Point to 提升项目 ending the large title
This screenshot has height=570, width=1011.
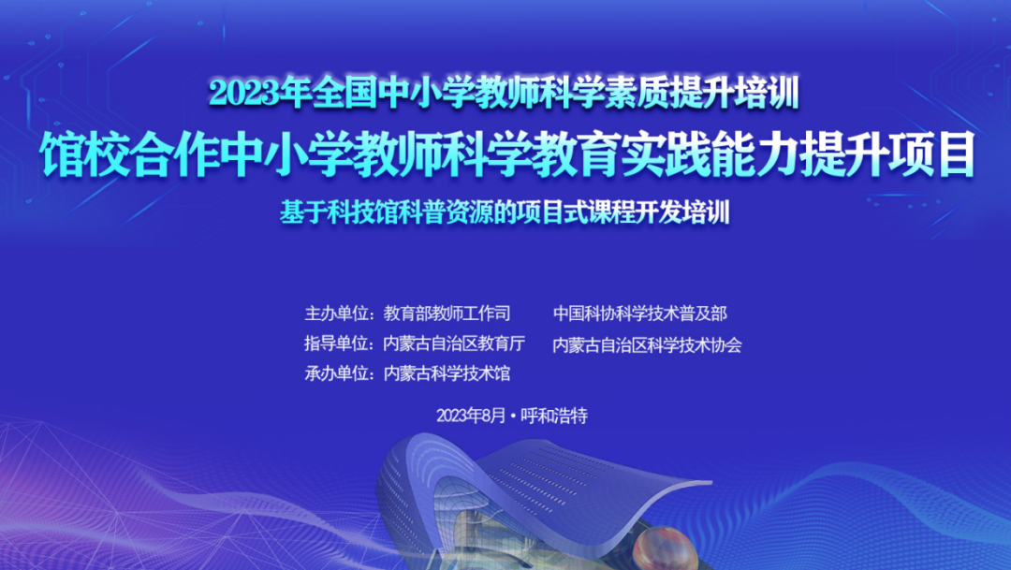pos(886,154)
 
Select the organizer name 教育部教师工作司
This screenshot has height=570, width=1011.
pos(447,314)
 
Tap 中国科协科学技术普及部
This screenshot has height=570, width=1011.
pos(640,314)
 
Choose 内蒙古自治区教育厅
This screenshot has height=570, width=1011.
pos(454,343)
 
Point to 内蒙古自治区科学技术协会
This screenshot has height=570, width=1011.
pos(648,345)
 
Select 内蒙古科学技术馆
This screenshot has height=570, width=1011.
pos(447,373)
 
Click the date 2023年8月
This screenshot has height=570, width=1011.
pos(471,416)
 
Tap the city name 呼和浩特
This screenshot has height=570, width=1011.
pos(554,416)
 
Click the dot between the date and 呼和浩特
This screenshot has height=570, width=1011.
pos(513,417)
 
